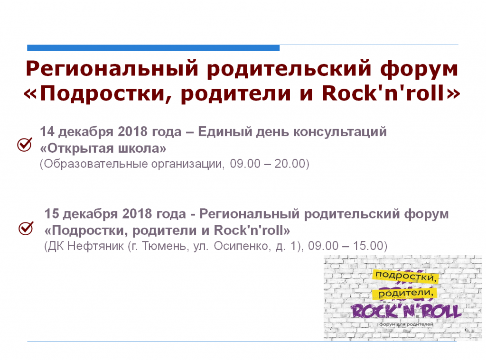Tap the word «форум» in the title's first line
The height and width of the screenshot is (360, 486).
click(x=419, y=69)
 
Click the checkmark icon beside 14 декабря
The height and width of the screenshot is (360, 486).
click(x=25, y=145)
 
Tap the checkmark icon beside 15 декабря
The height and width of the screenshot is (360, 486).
click(x=26, y=228)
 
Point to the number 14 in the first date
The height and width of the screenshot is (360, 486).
click(x=47, y=132)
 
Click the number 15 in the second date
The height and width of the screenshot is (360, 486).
click(x=51, y=214)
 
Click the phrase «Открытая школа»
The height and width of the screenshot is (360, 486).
click(x=103, y=148)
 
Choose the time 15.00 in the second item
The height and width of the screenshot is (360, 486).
click(x=368, y=246)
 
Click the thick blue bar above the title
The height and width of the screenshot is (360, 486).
click(x=153, y=48)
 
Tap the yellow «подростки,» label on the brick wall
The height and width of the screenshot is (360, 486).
click(x=406, y=276)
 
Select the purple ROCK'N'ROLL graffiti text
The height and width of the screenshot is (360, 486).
click(x=406, y=311)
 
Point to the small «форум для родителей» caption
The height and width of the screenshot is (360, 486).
click(x=406, y=324)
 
